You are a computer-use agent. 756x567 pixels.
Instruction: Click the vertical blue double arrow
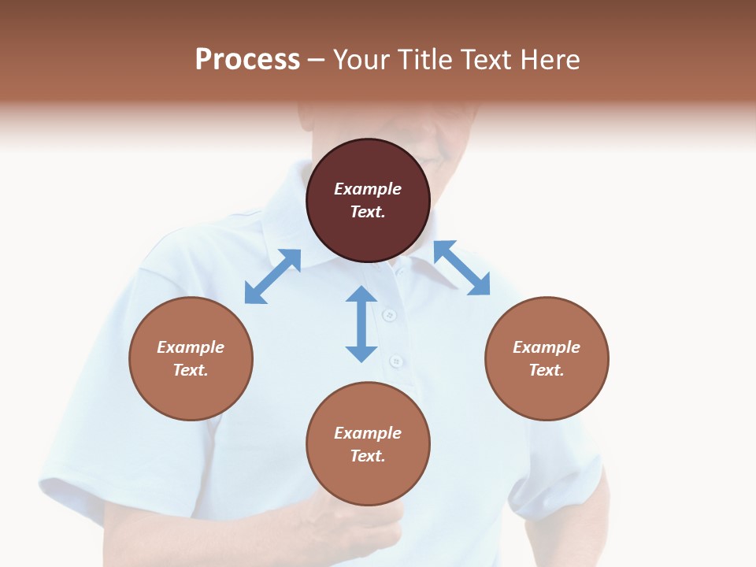tap(361, 324)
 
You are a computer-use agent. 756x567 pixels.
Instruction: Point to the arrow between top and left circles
tap(272, 276)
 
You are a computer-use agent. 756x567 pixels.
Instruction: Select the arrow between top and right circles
tap(461, 268)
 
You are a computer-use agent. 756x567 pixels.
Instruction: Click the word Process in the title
tap(247, 60)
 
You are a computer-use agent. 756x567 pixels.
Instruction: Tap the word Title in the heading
tap(424, 60)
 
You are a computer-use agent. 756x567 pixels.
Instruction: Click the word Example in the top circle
tap(368, 189)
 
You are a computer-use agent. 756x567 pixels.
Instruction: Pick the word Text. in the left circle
tap(191, 370)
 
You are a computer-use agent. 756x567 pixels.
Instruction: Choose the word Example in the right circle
tap(547, 347)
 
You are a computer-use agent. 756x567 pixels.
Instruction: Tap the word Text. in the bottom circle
tap(368, 456)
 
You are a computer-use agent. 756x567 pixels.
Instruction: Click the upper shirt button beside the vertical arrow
tap(387, 315)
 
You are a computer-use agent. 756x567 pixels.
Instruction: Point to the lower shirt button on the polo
tap(396, 361)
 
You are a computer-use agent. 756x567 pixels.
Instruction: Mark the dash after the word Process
tap(317, 60)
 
